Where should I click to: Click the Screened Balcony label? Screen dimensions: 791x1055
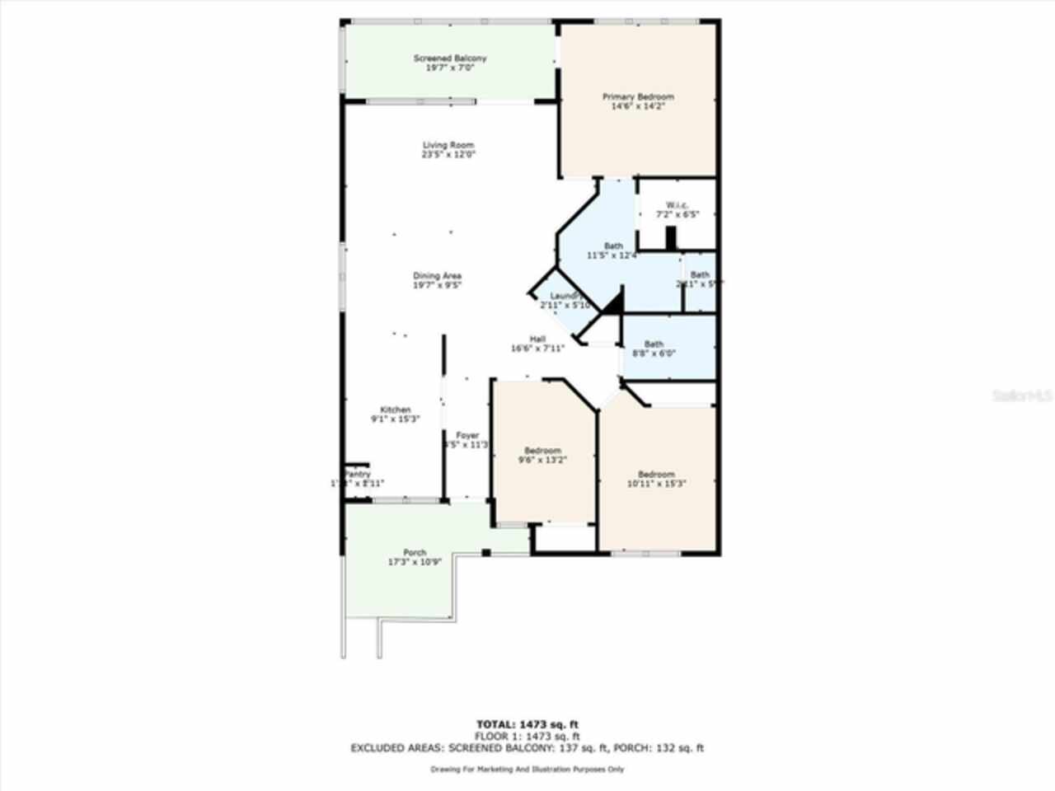449,59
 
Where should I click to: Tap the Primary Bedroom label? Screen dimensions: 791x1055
638,97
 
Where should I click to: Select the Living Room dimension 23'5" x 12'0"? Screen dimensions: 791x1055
449,154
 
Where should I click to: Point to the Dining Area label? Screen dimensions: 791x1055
437,276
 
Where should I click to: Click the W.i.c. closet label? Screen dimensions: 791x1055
678,205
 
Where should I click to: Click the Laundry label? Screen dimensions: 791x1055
565,297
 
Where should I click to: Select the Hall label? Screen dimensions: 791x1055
537,339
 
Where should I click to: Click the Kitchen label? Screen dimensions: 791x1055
395,410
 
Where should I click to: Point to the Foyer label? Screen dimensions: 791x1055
467,436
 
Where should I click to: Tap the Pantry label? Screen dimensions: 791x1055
358,475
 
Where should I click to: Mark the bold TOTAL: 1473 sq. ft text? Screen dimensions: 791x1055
527,724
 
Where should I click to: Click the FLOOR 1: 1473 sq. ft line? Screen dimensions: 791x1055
527,737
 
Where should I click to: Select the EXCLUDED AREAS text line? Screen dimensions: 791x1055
527,748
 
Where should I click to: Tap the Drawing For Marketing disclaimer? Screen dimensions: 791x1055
527,770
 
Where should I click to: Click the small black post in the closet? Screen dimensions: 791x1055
671,238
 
